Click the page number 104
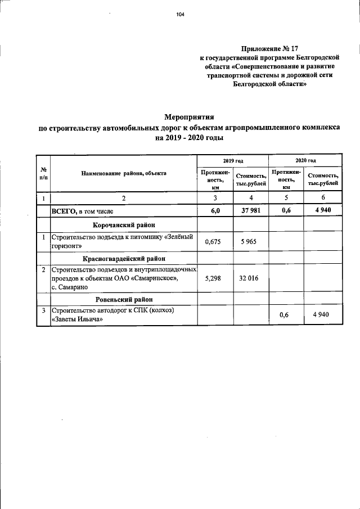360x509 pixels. [x=180, y=15]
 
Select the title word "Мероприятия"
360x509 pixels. [x=190, y=118]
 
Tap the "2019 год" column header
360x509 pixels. [x=232, y=161]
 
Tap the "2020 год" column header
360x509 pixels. [x=305, y=161]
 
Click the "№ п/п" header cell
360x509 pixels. [x=43, y=173]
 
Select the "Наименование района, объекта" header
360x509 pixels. [x=124, y=173]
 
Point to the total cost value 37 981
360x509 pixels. [x=250, y=211]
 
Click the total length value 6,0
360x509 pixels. [x=214, y=211]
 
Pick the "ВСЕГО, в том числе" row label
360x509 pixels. [x=83, y=211]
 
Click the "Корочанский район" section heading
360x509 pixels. [x=124, y=225]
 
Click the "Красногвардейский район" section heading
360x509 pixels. [x=124, y=258]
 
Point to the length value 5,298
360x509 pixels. [x=214, y=278]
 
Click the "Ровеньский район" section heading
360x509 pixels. [x=124, y=299]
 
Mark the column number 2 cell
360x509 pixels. [x=124, y=198]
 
